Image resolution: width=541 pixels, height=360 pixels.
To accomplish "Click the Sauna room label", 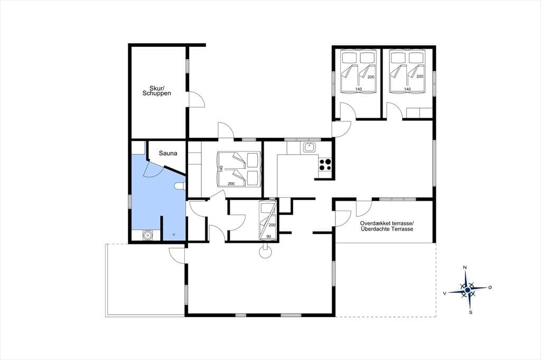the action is (x=168, y=154).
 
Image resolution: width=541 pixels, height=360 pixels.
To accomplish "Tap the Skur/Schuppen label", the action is (x=156, y=91).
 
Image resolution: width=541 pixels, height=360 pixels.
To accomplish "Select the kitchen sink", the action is (x=310, y=147).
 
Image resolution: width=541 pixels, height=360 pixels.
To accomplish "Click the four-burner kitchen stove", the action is (x=325, y=165).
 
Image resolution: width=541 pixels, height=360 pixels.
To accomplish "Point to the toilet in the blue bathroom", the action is (x=181, y=186).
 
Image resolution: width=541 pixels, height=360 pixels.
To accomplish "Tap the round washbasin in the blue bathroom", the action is (x=148, y=235).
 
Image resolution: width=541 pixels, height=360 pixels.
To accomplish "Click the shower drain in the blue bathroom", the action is (x=173, y=235).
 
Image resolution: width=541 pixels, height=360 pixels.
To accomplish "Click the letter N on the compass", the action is (x=465, y=268).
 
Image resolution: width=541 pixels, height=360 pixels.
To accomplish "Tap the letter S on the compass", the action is (x=470, y=312).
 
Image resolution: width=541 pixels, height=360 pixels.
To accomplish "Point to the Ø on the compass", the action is (x=490, y=287).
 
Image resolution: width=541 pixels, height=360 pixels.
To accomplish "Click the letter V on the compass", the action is (x=445, y=293).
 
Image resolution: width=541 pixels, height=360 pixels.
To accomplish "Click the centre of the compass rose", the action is (x=468, y=290).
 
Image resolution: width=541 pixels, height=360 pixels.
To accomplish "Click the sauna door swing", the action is (x=154, y=169).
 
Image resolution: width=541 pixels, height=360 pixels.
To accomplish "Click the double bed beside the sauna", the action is (x=238, y=169).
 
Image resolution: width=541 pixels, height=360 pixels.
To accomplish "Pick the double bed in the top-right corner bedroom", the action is (x=407, y=71).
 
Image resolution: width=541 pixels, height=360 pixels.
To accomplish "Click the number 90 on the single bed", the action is (x=268, y=236).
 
